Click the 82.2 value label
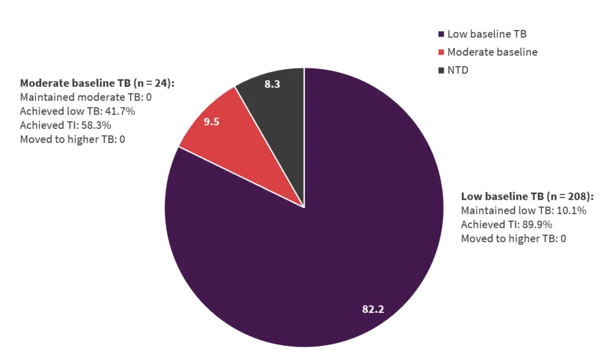click(373, 309)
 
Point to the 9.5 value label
click(211, 122)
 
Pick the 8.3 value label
click(273, 84)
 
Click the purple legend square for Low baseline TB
click(441, 34)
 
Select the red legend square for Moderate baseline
click(441, 52)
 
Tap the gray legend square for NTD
click(441, 70)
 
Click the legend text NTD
click(458, 70)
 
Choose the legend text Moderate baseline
click(492, 52)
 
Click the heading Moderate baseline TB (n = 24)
click(97, 83)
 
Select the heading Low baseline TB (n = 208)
click(527, 196)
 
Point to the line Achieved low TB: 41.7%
click(77, 111)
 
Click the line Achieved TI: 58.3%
click(65, 125)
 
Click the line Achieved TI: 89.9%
click(507, 224)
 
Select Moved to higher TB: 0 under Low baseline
click(513, 238)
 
